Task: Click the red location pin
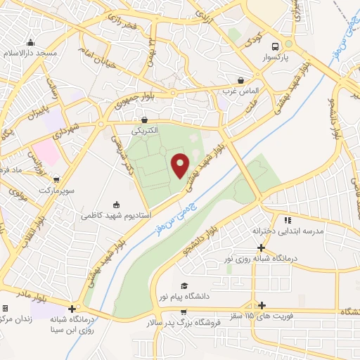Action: [x=181, y=166]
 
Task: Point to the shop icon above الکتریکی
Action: [x=144, y=120]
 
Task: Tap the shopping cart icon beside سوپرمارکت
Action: [x=56, y=179]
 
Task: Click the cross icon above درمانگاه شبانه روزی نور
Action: [x=262, y=247]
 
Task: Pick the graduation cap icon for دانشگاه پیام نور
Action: [x=184, y=286]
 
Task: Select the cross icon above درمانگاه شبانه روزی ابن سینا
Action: [x=72, y=309]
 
